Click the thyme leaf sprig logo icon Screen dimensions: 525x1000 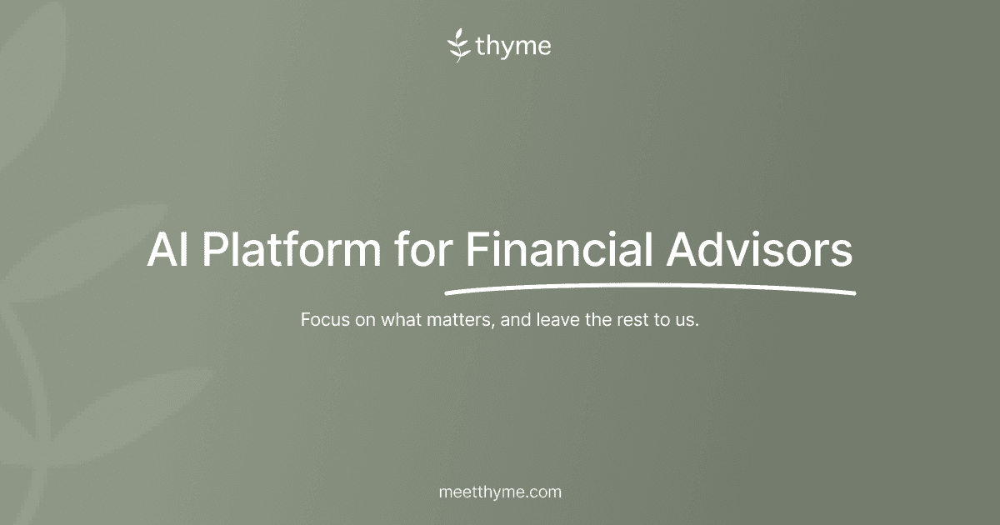tap(459, 46)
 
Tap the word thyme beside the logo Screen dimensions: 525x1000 tap(513, 47)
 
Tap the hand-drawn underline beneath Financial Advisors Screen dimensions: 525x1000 tap(650, 289)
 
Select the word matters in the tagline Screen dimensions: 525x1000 tap(460, 320)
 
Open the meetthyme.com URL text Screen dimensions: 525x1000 tap(500, 492)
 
